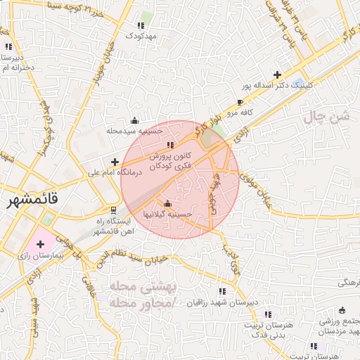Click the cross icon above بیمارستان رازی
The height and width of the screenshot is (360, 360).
(40, 244)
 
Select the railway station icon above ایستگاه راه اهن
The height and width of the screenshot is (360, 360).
(114, 210)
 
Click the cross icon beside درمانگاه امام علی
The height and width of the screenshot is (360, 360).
(115, 162)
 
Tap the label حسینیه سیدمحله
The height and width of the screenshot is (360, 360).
(134, 131)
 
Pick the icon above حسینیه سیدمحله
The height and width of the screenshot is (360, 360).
(135, 120)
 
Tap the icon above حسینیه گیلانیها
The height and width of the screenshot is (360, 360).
(167, 203)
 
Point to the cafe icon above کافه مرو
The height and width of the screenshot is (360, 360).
(240, 103)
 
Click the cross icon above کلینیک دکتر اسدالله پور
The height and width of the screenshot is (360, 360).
(277, 75)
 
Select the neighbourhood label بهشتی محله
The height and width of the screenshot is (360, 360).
(133, 287)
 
